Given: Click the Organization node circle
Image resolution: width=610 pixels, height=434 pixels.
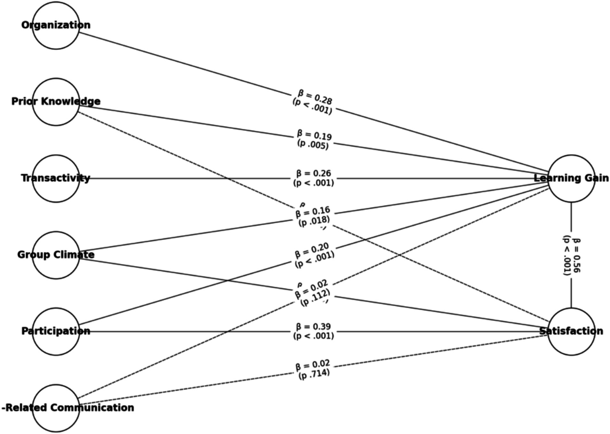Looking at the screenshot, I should [x=56, y=25].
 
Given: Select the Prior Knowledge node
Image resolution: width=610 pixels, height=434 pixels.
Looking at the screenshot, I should [x=56, y=102].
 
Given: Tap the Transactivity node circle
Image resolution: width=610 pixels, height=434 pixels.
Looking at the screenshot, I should [x=56, y=178].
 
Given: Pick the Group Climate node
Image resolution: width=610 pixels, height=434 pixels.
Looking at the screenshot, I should [x=56, y=255].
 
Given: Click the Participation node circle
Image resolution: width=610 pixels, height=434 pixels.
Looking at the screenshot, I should [x=56, y=331].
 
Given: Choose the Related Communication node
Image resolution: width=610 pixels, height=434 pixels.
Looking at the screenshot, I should [x=56, y=408].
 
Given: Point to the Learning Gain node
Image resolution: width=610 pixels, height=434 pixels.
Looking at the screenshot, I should [x=571, y=178].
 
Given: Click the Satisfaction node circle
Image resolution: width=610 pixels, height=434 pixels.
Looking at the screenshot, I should [x=571, y=331].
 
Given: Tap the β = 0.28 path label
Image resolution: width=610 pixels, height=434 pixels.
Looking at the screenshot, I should [x=314, y=97].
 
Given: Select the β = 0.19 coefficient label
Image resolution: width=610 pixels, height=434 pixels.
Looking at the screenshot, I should [x=314, y=135].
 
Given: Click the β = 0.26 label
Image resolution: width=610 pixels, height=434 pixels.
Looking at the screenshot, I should [x=314, y=174].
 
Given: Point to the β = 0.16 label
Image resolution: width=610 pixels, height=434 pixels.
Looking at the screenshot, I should [x=313, y=212].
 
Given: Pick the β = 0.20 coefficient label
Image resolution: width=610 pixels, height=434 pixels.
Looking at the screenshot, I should [x=312, y=251].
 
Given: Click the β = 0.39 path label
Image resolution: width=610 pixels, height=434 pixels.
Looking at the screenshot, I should [x=314, y=327].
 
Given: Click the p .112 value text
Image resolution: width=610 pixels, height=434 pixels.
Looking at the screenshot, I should [x=315, y=298].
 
